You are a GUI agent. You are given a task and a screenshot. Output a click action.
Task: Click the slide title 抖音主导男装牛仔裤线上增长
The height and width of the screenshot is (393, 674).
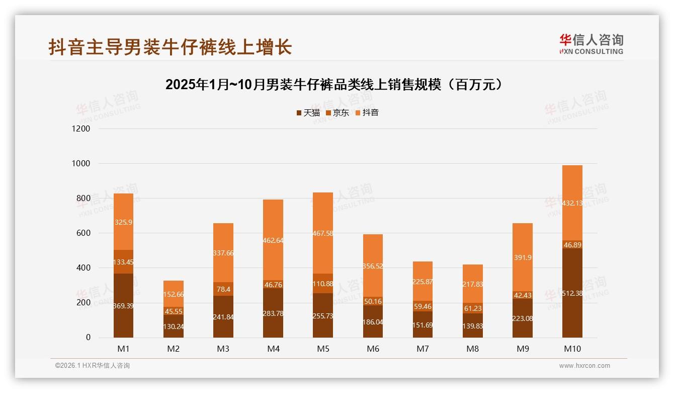[x=170, y=47]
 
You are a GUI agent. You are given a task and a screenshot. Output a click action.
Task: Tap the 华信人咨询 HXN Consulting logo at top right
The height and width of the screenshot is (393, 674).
[x=591, y=44]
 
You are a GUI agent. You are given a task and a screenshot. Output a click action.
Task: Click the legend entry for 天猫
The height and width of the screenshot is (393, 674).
[x=308, y=112]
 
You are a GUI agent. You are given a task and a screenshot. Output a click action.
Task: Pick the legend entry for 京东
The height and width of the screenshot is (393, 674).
[x=338, y=112]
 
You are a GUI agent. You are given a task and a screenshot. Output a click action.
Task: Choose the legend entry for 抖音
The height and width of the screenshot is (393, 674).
[x=367, y=112]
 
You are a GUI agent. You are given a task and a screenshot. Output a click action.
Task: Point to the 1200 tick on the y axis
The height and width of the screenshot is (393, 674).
[x=80, y=129]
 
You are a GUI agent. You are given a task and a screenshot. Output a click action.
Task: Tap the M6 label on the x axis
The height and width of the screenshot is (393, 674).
[x=373, y=349]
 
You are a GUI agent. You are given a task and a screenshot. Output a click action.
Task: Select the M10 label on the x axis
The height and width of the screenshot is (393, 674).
[x=572, y=349]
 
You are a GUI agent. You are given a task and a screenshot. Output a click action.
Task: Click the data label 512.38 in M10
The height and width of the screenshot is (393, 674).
[x=572, y=293]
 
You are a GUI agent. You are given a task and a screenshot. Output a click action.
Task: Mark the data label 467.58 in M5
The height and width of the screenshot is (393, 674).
[x=323, y=233]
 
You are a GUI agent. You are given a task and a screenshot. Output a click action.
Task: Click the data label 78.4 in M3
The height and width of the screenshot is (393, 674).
[x=223, y=289]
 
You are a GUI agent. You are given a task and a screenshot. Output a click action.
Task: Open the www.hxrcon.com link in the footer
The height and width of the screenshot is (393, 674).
[x=584, y=366]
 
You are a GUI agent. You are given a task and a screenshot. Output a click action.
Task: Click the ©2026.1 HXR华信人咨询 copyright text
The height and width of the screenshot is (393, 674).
[x=93, y=366]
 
